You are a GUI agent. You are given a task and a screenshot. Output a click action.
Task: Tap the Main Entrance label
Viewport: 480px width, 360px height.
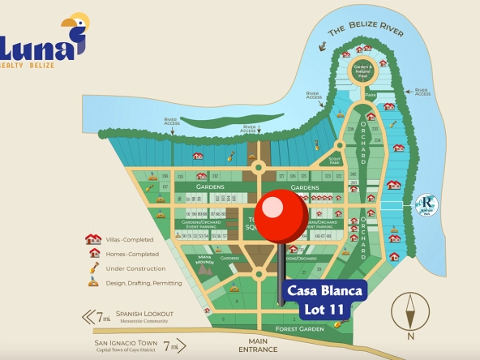click(257, 345)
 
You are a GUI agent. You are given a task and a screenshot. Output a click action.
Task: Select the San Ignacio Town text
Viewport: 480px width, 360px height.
click(119, 342)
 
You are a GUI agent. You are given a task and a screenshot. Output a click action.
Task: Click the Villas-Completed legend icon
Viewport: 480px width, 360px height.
click(93, 239)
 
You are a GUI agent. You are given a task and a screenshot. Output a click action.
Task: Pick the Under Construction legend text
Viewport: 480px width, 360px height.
click(135, 268)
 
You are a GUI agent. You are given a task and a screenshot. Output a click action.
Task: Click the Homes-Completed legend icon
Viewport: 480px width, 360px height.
click(93, 253)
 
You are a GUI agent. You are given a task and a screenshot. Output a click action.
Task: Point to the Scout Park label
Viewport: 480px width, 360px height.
click(334, 161)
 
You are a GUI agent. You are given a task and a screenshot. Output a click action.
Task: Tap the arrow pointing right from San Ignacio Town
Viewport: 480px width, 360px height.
click(187, 347)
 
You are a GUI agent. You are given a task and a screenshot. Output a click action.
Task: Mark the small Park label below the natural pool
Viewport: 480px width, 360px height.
click(370, 95)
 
